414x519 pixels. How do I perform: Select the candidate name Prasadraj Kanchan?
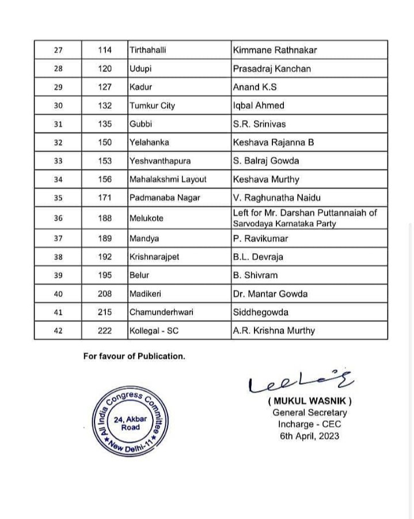(272, 69)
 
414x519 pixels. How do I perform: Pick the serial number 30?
(58, 106)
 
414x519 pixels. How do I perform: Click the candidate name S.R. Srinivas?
(259, 124)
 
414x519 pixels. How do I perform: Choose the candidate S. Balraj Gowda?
(266, 161)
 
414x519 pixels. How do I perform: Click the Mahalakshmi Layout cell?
(168, 179)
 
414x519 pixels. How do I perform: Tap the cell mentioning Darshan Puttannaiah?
(305, 217)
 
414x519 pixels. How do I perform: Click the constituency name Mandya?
(144, 238)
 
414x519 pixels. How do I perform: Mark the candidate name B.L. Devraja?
(258, 257)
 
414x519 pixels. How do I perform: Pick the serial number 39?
(58, 275)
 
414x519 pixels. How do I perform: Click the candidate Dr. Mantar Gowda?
(270, 294)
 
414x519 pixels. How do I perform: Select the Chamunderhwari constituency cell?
(162, 312)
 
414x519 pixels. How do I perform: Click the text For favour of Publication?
(134, 356)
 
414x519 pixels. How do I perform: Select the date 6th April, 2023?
(309, 436)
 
